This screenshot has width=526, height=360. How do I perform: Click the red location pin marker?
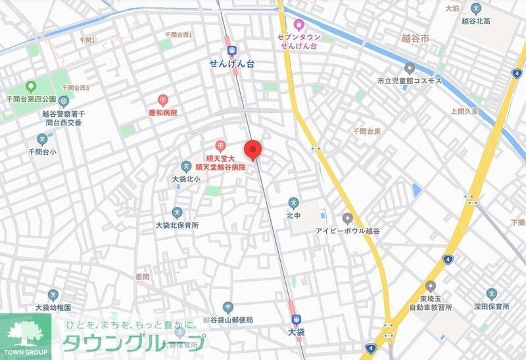pos(253,150)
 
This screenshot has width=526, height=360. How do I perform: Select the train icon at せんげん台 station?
pos(231,51)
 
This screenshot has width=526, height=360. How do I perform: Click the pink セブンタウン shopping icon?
pos(299,25)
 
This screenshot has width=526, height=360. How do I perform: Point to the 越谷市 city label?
pos(415,39)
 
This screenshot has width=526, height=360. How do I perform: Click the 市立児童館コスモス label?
pos(409,81)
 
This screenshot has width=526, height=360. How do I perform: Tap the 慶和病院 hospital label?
pos(162,112)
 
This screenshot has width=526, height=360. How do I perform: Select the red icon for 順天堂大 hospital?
pos(220,145)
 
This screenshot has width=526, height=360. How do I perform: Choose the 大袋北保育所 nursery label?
pos(177,225)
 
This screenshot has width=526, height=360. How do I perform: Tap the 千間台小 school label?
pos(42,152)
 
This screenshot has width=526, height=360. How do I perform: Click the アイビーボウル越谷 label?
pos(347,231)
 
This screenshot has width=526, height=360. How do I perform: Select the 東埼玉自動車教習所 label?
pos(430,302)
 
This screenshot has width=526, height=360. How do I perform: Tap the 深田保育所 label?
pos(491,306)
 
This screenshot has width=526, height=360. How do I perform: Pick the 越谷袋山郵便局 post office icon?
pos(227,307)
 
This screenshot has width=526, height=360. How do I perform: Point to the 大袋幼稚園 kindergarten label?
pos(53,307)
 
